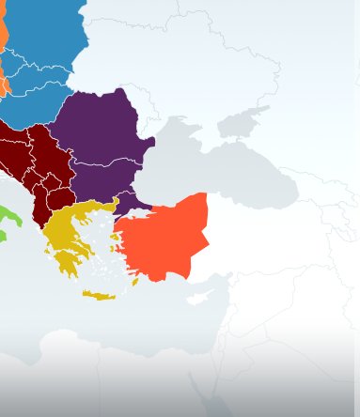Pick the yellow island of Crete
pos(99,296)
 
